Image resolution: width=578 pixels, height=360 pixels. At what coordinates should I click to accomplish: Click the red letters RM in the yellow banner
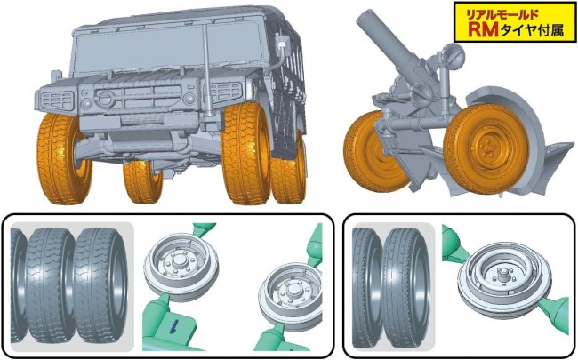[x=483, y=30]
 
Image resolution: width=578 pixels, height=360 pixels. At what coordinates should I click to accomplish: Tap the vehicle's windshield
[x=168, y=46]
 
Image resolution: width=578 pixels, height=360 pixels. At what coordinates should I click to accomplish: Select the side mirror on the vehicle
[x=283, y=45]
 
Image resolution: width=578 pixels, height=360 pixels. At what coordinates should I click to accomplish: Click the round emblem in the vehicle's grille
[x=105, y=98]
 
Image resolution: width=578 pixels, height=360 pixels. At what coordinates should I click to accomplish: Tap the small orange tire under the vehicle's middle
[x=142, y=181]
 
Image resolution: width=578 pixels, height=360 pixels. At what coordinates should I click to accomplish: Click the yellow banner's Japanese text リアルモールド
[x=502, y=15]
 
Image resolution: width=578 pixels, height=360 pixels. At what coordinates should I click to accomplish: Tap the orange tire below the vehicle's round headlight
[x=63, y=158]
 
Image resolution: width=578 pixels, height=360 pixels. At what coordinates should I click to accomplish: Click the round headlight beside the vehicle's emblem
[x=86, y=103]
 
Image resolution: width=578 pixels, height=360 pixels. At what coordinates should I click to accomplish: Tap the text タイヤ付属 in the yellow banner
[x=533, y=30]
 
